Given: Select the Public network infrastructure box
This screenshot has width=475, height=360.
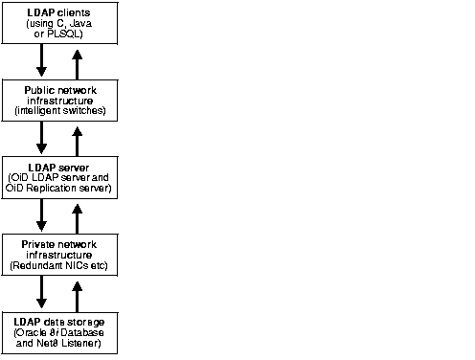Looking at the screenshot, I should pos(59,100).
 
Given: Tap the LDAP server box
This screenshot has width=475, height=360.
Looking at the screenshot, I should pos(59,178).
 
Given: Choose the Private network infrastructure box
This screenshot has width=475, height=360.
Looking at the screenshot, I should pos(59,252).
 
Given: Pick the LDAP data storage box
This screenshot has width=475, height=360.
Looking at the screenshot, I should pos(59,330).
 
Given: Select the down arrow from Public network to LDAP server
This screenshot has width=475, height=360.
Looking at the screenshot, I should pos(41,137).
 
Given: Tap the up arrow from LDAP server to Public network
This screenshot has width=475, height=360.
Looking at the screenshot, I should pos(78,137).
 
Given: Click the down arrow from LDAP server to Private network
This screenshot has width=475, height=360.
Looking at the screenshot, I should pos(41,214).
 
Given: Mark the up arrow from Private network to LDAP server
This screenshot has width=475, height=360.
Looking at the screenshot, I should pos(78,214).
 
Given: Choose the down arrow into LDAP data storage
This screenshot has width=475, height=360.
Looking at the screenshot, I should pos(41,290).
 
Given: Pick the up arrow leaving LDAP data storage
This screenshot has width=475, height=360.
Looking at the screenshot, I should pos(78,290).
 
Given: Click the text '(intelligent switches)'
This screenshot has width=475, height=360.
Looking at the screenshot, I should pos(59,111).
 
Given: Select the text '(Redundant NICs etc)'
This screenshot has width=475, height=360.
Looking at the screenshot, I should pos(59,263).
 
